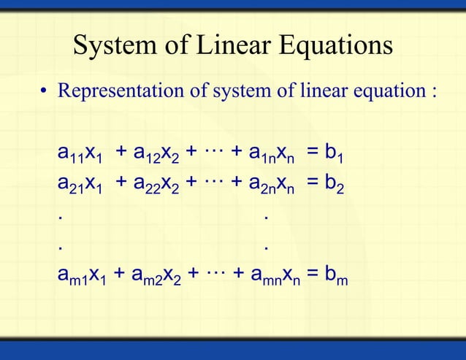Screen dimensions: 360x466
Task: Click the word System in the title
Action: tap(115, 46)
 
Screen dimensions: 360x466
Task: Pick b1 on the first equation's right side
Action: tap(335, 154)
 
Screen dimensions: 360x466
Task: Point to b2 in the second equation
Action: tap(335, 185)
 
